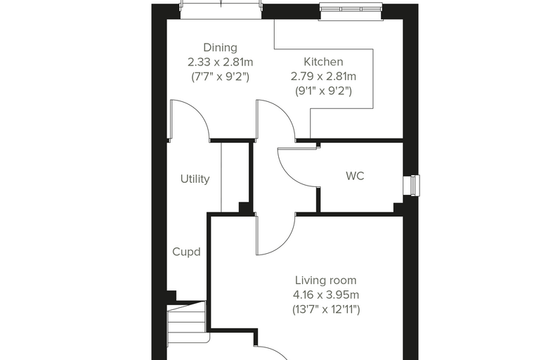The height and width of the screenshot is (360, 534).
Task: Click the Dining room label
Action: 220,48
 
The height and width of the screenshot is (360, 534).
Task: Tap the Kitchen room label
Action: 323,62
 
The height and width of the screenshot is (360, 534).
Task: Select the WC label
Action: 355,176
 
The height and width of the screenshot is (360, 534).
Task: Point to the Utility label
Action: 195,179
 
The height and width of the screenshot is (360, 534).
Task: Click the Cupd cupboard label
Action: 186,252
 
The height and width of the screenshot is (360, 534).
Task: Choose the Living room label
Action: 325,281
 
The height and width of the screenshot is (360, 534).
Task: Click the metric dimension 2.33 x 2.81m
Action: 221,63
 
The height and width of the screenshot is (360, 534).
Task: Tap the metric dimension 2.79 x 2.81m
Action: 323,77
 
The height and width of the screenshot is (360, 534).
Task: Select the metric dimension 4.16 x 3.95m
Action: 325,295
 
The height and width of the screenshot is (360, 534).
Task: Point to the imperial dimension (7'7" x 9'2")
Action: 221,77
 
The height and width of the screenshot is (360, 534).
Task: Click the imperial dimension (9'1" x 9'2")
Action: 323,91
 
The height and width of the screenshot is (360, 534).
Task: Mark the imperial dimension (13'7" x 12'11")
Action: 326,309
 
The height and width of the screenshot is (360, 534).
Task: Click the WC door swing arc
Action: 289,176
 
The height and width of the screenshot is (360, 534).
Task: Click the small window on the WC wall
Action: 412,186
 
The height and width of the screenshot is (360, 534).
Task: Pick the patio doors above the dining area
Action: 221,10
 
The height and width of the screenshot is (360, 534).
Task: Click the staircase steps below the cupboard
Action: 188,321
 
